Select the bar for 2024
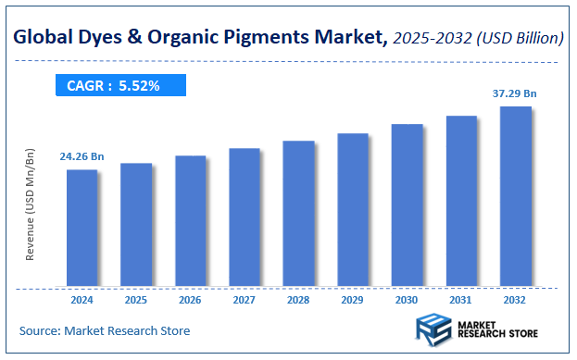point(82,227)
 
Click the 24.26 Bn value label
point(82,156)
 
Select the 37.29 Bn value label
point(515,93)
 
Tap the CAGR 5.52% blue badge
point(118,86)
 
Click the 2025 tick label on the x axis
point(136,299)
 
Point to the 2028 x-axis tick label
point(298,299)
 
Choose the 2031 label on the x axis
point(461,299)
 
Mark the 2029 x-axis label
point(353,299)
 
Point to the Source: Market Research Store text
point(104,330)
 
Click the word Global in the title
point(44,38)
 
